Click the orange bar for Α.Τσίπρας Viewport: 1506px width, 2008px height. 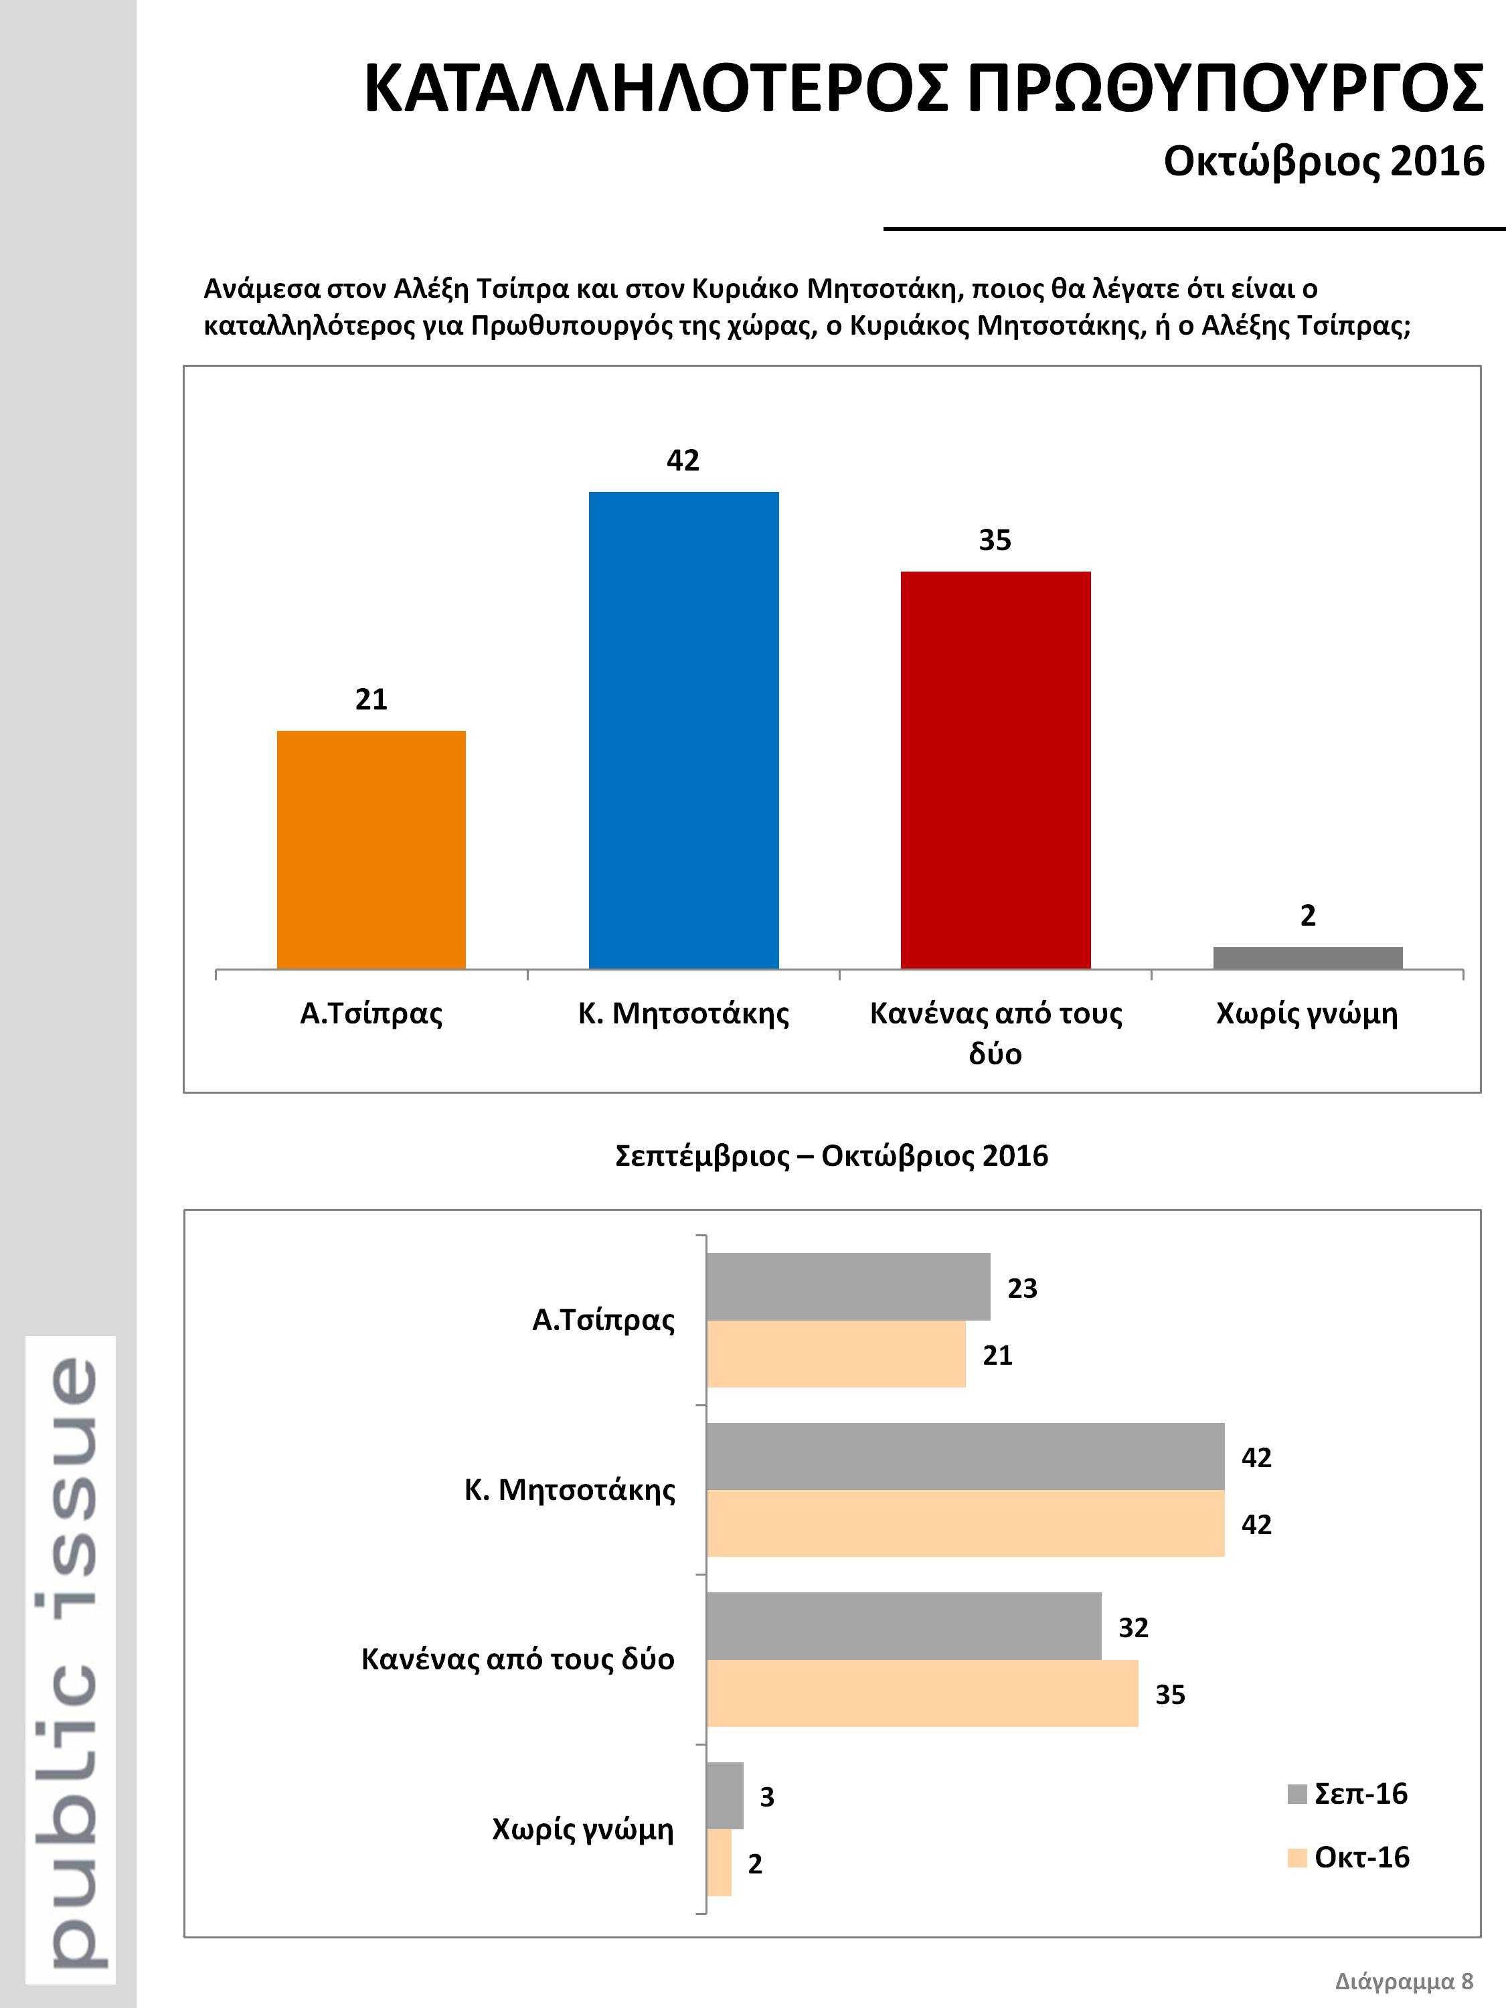(371, 849)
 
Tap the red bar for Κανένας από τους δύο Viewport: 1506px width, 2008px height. (996, 770)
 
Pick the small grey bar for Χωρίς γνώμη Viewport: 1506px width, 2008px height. (1307, 958)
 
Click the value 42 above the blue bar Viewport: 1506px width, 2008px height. (683, 461)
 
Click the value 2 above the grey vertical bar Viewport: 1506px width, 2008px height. (1307, 916)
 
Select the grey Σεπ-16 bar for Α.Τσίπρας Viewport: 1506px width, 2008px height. (848, 1286)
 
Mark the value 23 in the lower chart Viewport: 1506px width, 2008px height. (1022, 1288)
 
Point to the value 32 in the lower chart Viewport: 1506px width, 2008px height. (1133, 1628)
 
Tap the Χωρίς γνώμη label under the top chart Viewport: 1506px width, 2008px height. (1307, 1014)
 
